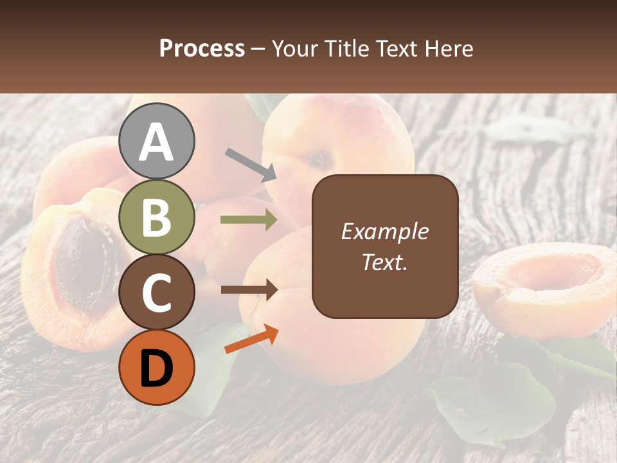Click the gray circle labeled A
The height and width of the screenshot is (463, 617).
[x=157, y=141]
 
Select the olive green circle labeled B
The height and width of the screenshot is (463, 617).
[x=157, y=217]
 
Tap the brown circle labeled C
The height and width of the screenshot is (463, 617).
[x=157, y=293]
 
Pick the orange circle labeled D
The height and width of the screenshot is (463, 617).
[x=157, y=367]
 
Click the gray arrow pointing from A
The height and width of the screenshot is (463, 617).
[x=251, y=164]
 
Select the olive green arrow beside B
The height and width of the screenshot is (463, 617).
[x=249, y=220]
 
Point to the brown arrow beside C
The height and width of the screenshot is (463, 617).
[x=249, y=290]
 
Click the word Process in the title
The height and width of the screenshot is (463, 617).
[x=202, y=49]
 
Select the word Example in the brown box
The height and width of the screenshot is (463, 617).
[x=384, y=232]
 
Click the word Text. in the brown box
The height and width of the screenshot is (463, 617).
[x=384, y=262]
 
